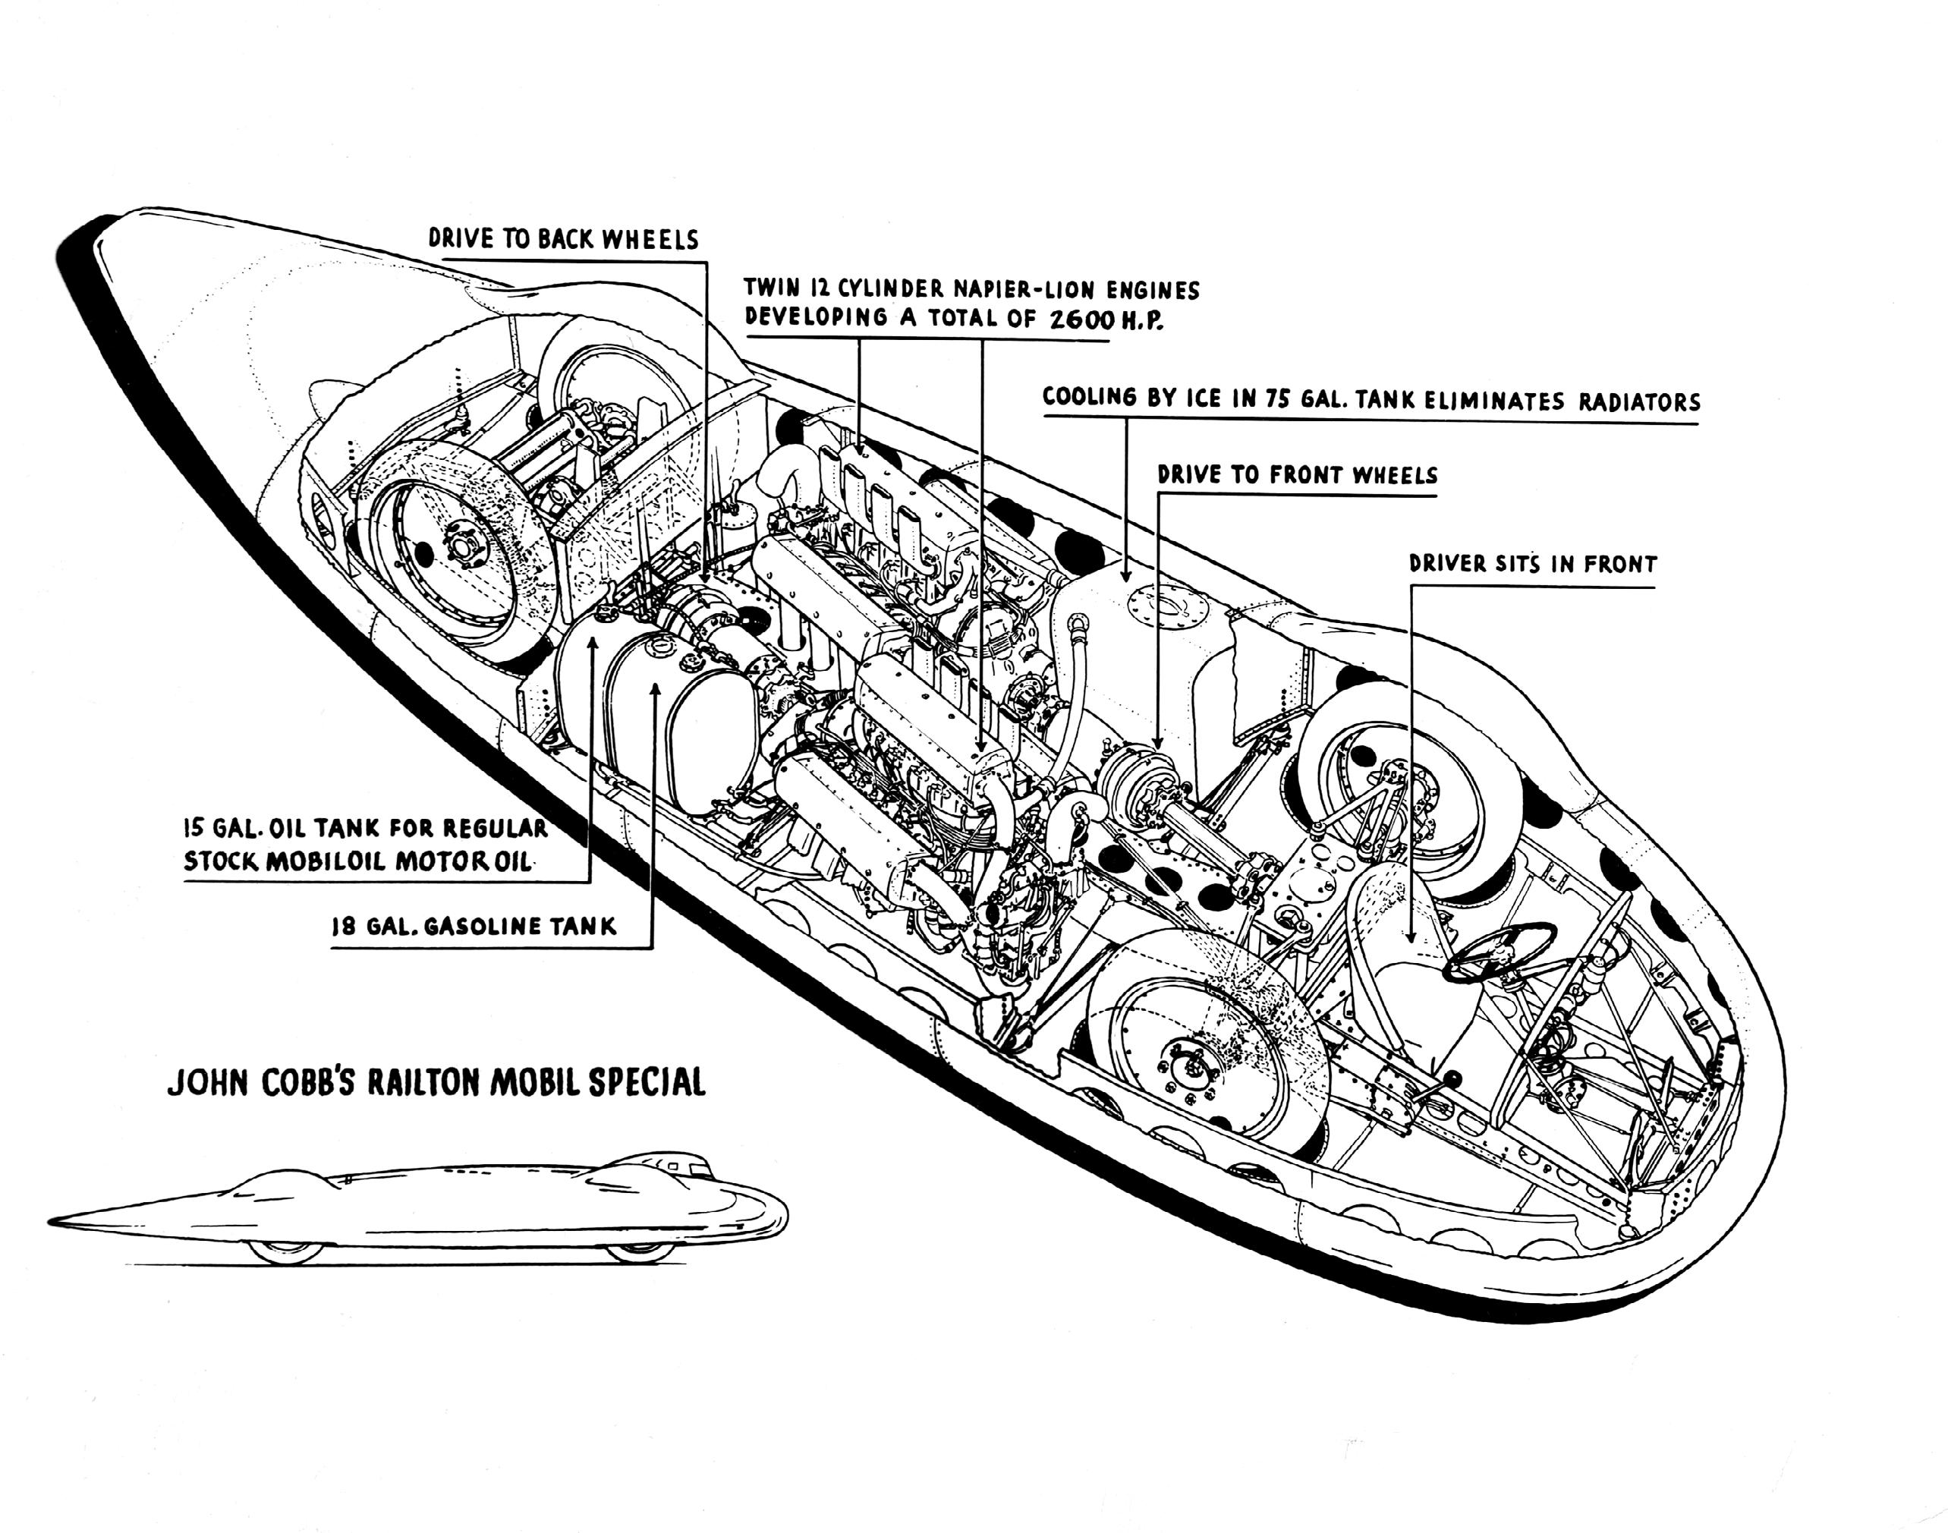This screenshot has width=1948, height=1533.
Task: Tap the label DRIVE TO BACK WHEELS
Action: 562,239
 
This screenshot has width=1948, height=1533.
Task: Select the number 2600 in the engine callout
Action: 1081,320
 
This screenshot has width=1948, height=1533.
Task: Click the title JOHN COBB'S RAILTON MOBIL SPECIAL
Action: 436,1081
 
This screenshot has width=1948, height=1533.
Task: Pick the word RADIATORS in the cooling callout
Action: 1638,401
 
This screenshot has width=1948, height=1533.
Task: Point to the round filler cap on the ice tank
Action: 1164,603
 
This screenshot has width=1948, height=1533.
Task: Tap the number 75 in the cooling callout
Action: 1278,399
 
